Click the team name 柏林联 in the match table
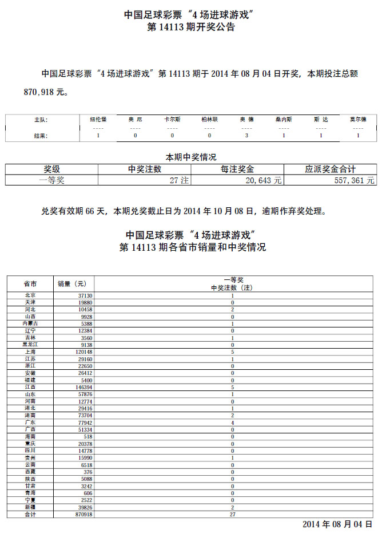point(209,120)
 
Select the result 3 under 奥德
point(246,136)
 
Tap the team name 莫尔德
point(358,120)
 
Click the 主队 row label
point(41,120)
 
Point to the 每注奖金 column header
point(237,169)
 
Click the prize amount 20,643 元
point(264,180)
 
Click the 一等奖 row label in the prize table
point(52,180)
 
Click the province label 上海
point(30,352)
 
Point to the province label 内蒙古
point(30,323)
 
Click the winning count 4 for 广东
point(232,423)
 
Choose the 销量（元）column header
point(73,283)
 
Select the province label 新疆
point(30,507)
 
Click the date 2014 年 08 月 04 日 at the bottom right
point(337,524)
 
